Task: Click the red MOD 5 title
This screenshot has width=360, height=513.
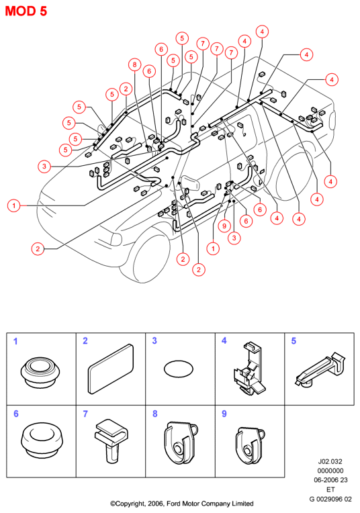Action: coord(26,11)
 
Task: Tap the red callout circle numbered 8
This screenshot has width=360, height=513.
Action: coord(134,64)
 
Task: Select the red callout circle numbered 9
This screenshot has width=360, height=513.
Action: coord(224,226)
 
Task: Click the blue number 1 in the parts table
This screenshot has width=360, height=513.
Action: coord(15,341)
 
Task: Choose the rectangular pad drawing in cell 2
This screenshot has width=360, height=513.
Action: coord(111,369)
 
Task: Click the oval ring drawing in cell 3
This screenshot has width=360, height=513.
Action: coord(179,369)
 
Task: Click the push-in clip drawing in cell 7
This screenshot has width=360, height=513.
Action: coord(111,440)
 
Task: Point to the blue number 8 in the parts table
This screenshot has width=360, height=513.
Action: coord(154,414)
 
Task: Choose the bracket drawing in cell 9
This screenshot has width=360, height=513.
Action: coord(251,445)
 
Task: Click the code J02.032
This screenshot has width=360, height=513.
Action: coord(330,462)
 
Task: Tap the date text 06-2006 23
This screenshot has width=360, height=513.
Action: coord(330,480)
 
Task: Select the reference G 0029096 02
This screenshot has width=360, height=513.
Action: coord(330,499)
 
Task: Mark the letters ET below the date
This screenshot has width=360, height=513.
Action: coord(330,489)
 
